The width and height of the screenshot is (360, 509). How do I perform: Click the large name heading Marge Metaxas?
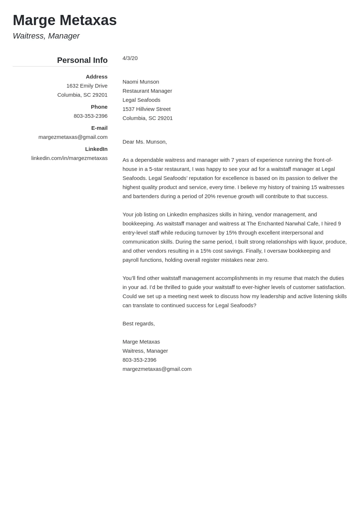point(65,20)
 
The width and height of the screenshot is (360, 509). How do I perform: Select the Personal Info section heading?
point(82,60)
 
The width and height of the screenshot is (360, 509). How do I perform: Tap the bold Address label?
point(96,77)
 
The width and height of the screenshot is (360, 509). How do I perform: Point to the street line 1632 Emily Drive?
point(87,86)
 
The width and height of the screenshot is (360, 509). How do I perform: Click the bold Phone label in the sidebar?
point(99,107)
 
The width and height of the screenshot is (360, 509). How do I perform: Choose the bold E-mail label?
point(99,128)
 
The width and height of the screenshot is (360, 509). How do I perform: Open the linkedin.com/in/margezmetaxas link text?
point(69,158)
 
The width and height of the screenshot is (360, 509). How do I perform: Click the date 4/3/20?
point(130,58)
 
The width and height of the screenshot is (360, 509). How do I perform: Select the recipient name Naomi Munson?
point(141,82)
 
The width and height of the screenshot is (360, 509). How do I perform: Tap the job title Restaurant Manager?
point(147,91)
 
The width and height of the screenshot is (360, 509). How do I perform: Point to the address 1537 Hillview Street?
point(147,109)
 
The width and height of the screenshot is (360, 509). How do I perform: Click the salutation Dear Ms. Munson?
point(144,142)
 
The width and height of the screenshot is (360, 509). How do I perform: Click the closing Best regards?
point(139,324)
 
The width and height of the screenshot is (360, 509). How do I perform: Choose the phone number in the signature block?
point(139,360)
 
